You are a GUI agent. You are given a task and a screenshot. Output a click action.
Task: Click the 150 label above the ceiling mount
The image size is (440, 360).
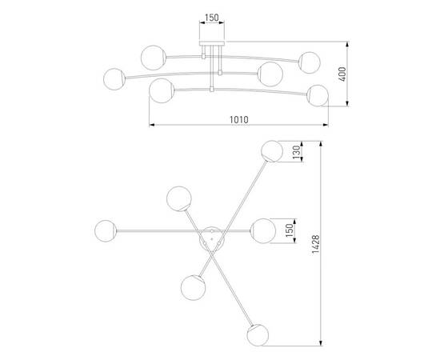[x=211, y=16]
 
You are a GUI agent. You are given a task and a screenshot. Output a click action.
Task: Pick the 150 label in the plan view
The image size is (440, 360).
[x=289, y=230]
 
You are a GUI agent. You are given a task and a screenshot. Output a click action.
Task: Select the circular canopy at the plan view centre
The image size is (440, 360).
[x=211, y=238]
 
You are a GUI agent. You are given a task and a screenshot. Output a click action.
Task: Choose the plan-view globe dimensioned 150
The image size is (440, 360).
[x=262, y=230]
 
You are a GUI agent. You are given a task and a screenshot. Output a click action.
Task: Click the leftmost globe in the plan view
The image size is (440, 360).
[x=106, y=230]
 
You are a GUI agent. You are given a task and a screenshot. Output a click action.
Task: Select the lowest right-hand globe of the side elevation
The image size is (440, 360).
[x=318, y=94]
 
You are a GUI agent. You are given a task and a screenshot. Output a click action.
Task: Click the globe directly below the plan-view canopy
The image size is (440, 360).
[x=193, y=286]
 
